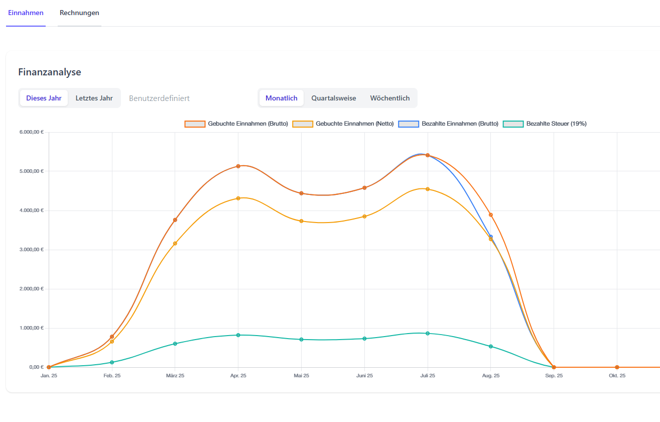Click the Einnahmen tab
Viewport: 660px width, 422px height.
[x=26, y=13]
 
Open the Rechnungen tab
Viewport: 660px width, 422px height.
[x=79, y=13]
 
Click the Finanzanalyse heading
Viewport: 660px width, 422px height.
[x=50, y=72]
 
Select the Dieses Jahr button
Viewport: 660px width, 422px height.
[x=44, y=98]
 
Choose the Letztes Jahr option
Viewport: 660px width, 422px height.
[x=94, y=98]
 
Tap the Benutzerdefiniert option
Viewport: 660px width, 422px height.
[x=159, y=98]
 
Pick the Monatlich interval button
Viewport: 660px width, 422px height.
[x=281, y=98]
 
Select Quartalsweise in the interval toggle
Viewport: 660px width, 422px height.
[x=334, y=98]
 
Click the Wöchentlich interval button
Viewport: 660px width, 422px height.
[x=390, y=98]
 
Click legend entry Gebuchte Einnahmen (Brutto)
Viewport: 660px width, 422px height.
[x=236, y=124]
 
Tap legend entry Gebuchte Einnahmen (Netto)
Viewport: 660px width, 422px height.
[x=344, y=124]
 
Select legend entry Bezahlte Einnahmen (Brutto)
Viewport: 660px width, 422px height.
[x=449, y=124]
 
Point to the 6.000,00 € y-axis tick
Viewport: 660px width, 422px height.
[x=32, y=132]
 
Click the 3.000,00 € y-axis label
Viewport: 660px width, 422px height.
[x=32, y=250]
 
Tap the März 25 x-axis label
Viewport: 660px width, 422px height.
[x=175, y=376]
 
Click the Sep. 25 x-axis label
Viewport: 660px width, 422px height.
[x=554, y=376]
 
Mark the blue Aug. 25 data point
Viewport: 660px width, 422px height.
[x=491, y=236]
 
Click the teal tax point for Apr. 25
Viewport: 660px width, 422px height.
[x=238, y=335]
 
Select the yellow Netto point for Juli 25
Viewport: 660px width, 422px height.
[x=428, y=189]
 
